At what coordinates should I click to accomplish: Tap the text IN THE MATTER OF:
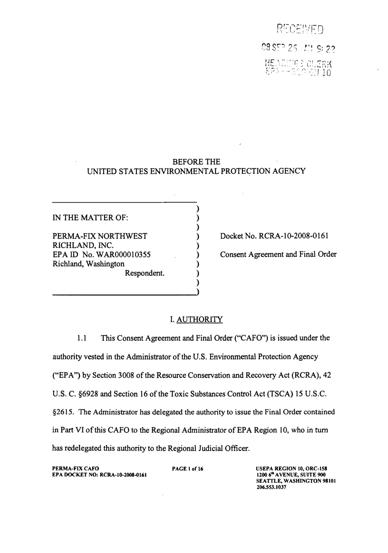click(90, 217)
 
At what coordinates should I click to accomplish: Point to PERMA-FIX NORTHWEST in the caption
click(99, 236)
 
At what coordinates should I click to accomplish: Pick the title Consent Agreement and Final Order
click(278, 254)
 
